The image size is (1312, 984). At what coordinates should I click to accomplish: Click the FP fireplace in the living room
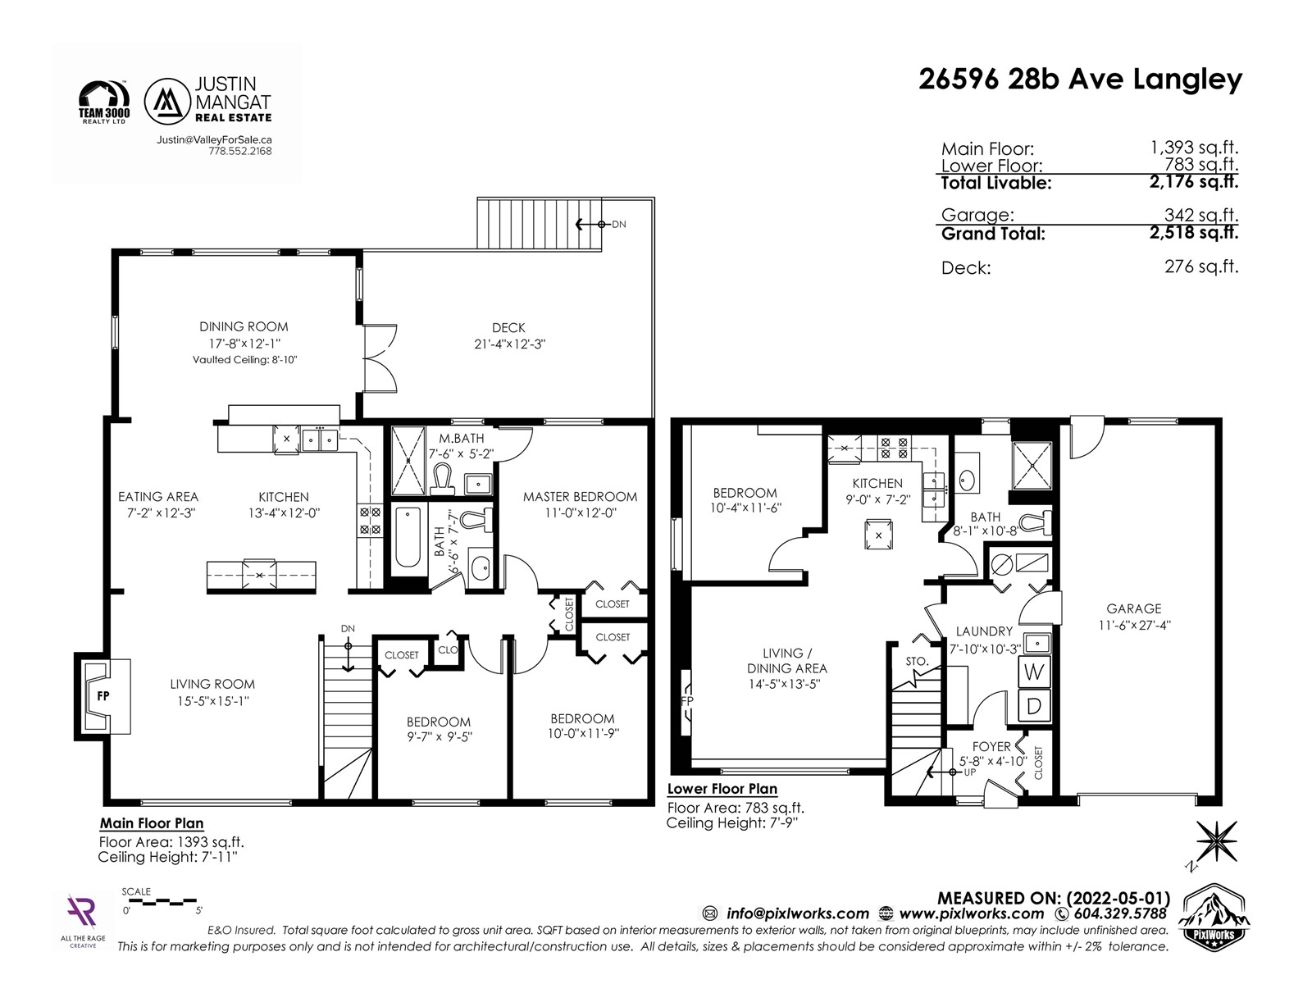point(102,696)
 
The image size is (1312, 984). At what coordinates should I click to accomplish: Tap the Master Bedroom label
point(580,496)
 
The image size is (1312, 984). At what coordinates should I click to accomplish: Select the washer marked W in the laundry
point(1034,672)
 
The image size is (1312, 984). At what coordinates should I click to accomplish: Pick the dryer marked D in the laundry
point(1034,705)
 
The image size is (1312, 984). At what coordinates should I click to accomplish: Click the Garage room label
point(1133,608)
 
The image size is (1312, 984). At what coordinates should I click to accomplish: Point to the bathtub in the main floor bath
point(408,536)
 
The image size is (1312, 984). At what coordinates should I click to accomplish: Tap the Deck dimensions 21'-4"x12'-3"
point(510,344)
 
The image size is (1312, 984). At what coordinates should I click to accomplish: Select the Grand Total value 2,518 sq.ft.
point(1194,232)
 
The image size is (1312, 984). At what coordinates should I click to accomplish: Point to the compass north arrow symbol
point(1216,841)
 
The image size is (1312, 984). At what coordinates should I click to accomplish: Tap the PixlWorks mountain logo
point(1214,915)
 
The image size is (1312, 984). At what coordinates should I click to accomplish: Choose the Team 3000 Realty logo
point(104,102)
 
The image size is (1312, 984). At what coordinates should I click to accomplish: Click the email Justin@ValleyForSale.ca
point(214,139)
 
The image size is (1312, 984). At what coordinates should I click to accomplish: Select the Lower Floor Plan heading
point(722,789)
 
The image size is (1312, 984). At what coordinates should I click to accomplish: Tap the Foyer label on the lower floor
point(991,747)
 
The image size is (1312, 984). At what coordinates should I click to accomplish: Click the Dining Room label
point(244,327)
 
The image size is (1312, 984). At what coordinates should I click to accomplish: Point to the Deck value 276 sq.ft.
point(1201,266)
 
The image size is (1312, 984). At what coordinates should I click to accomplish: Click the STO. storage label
point(916,662)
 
